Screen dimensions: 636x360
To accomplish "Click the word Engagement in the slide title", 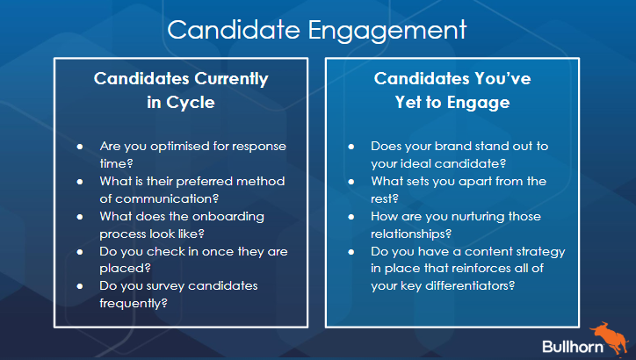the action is click(x=387, y=31).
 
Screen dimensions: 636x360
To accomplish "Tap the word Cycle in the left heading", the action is click(x=191, y=103).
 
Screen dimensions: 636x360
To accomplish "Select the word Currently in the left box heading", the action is click(x=231, y=79).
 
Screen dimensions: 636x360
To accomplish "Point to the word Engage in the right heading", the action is click(x=478, y=103).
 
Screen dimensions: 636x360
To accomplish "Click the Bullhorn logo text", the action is click(x=573, y=347).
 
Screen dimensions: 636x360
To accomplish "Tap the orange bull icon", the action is click(x=611, y=339).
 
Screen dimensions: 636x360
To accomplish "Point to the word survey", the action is click(x=165, y=286).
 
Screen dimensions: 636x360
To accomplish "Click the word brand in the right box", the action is click(x=452, y=146).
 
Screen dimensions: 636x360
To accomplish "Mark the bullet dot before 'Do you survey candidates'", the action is click(x=80, y=286).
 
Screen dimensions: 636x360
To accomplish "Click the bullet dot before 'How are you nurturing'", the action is click(x=351, y=217).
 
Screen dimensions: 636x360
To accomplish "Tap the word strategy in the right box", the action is click(x=540, y=252).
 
